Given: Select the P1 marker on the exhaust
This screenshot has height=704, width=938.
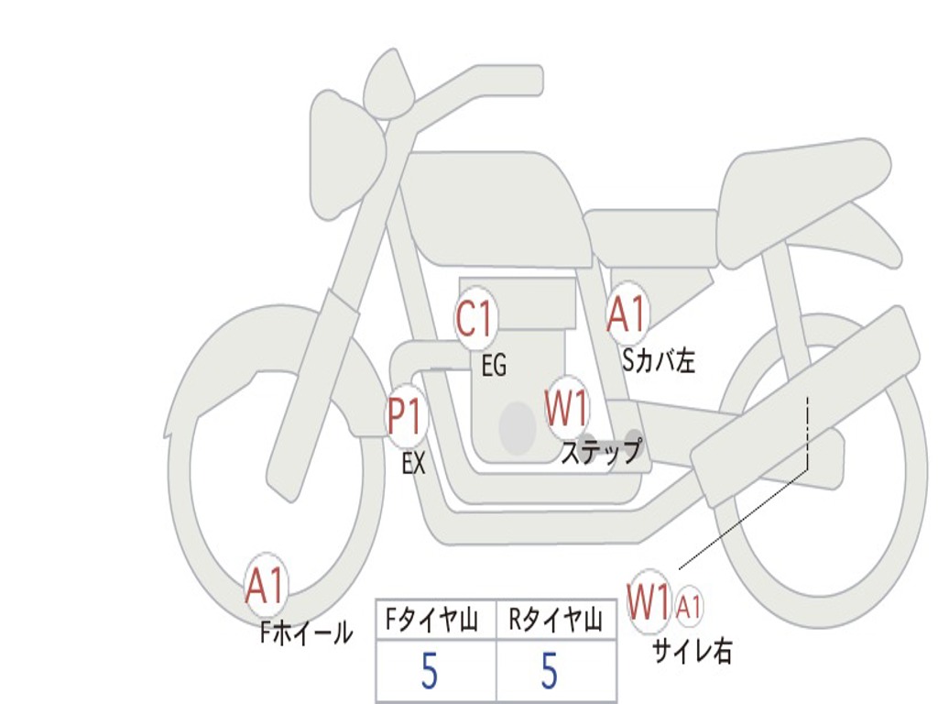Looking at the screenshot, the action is tap(405, 417).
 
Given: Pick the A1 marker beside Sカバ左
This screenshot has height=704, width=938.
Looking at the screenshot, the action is tap(627, 314).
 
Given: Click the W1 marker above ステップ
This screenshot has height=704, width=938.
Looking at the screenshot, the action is tap(567, 409).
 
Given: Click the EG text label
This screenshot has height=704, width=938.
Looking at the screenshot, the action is tap(493, 367).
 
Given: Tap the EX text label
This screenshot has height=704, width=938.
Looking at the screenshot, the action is tap(413, 464).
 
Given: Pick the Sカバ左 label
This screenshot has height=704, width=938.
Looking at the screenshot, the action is tap(659, 361).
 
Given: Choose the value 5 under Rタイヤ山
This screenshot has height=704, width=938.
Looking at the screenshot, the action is tap(550, 672).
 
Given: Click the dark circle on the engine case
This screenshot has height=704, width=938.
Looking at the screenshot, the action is tap(518, 427).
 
